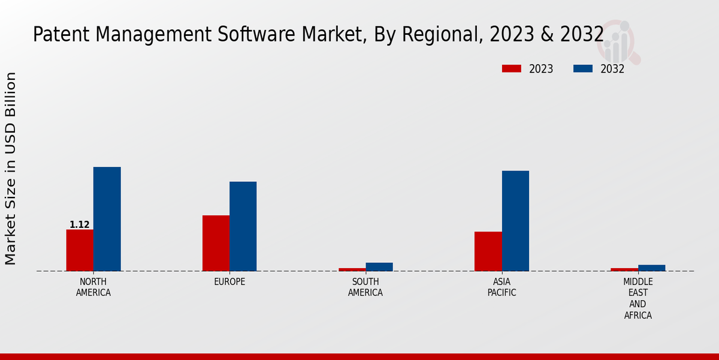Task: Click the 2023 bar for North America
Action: pyautogui.click(x=80, y=250)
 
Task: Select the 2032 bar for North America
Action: pyautogui.click(x=107, y=219)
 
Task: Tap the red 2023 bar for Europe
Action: pyautogui.click(x=216, y=243)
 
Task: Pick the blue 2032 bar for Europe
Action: pyautogui.click(x=243, y=226)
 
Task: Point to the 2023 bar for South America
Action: pyautogui.click(x=352, y=269)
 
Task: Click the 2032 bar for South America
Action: pyautogui.click(x=379, y=267)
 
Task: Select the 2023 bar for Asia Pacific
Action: pyautogui.click(x=488, y=251)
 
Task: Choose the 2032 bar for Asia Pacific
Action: pyautogui.click(x=515, y=221)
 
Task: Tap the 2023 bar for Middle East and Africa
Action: pyautogui.click(x=624, y=269)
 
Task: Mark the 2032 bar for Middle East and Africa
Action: pyautogui.click(x=651, y=268)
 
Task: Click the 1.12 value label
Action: pyautogui.click(x=80, y=225)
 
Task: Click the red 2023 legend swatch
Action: pyautogui.click(x=511, y=68)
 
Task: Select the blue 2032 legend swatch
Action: pyautogui.click(x=582, y=68)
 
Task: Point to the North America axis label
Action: pyautogui.click(x=93, y=287)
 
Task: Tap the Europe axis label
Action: pyautogui.click(x=229, y=282)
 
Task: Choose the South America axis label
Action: pyautogui.click(x=365, y=287)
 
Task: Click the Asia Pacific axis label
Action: pyautogui.click(x=502, y=287)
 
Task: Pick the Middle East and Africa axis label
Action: pyautogui.click(x=638, y=298)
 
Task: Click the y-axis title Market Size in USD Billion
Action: pyautogui.click(x=11, y=169)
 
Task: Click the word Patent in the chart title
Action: pyautogui.click(x=55, y=35)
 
